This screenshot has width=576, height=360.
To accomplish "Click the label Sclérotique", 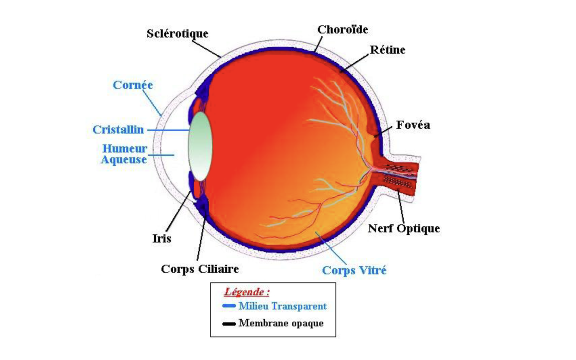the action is coord(177,34).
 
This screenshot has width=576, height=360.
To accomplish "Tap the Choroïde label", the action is coord(342,29).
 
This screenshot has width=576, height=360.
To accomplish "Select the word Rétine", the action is coord(387,50).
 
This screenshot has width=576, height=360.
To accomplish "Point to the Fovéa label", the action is coord(413,125).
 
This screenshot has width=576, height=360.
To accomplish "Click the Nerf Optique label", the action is coord(404,228).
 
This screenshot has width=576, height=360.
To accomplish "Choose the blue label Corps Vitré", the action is coord(354,271).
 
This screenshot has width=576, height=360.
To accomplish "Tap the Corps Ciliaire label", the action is coord(200,269).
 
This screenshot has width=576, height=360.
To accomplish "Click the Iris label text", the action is coord(162,238).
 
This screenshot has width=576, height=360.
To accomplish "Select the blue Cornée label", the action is coord(133,85).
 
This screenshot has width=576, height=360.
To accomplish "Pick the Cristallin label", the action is coord(118,129).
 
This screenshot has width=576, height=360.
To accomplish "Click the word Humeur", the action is coord(125,149).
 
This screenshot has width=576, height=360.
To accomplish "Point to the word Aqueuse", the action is coord(123,160).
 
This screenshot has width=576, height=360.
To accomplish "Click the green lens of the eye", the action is coord(199,146).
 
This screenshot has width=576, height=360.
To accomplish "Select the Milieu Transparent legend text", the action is coord(282,306).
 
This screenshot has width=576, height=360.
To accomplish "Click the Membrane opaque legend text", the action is coord(281,323).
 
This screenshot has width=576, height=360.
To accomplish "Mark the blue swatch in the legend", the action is coord(229,306).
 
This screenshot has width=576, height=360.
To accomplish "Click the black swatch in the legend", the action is coord(229,323).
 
